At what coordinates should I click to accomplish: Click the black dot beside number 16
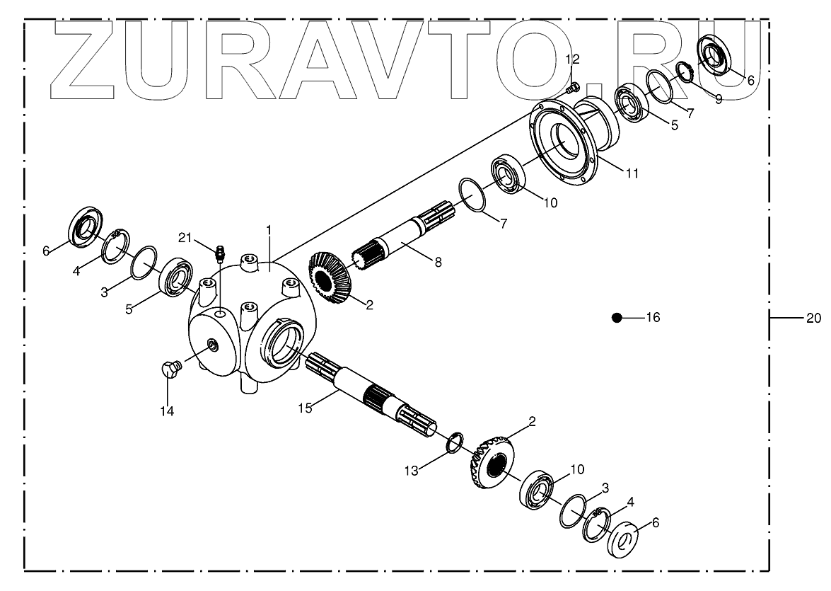point(617,319)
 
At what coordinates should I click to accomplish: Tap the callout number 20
point(813,318)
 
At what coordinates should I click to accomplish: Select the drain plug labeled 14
point(168,368)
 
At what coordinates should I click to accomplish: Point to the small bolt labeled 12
point(574,88)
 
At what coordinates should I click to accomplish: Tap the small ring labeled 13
point(455,442)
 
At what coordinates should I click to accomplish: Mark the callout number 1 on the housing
point(269,230)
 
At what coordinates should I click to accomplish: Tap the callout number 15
point(305,408)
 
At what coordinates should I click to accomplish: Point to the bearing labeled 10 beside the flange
point(508,174)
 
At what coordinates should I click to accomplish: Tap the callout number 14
point(168,411)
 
